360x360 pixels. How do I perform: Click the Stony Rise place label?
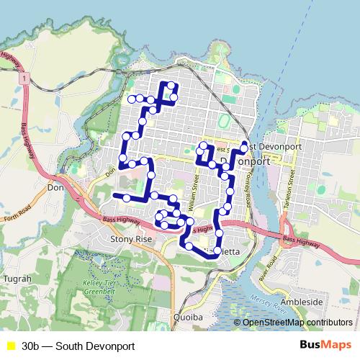[x=130, y=238]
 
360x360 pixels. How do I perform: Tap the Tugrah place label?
[x=17, y=279]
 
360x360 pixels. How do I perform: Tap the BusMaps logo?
[x=325, y=346]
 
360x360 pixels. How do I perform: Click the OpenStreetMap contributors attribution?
[x=297, y=323]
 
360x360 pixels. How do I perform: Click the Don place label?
[x=55, y=187]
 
